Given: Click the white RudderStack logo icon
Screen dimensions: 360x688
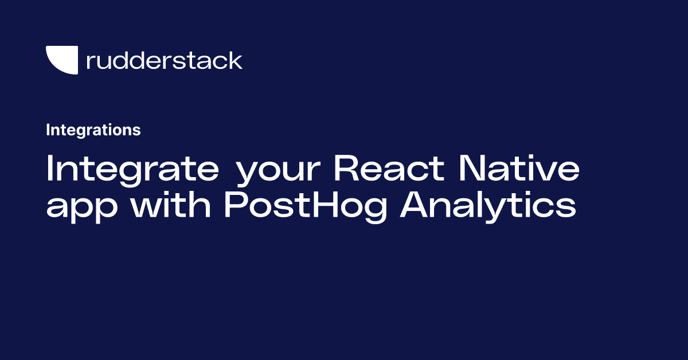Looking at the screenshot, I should coord(62,60).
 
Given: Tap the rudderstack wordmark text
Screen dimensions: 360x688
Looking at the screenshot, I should coord(164,60).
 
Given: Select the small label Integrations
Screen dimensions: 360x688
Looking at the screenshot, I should coord(93,130).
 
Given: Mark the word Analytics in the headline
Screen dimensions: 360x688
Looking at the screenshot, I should coord(488,205).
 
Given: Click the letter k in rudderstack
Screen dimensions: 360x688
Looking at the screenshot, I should coord(236,60).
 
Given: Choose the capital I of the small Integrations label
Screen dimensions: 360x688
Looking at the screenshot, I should coord(48,130).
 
